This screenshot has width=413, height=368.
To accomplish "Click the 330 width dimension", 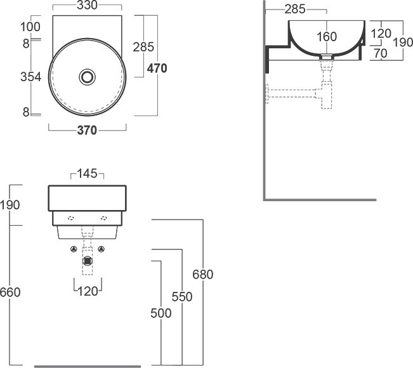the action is pos(87,5).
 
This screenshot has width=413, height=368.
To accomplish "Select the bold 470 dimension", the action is pos(157,69).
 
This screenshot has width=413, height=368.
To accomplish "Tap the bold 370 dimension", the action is pos(87,131).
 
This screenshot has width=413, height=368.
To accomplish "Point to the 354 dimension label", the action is pos(31,77).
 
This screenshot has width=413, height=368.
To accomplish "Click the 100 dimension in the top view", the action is pos(30,27).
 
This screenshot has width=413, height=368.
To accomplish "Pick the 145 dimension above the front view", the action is pos(87,174).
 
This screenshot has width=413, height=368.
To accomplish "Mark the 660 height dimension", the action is pos(10,292).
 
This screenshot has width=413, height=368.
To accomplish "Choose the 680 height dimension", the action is pos(202,275).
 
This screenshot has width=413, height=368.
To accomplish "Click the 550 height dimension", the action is pos(182,297).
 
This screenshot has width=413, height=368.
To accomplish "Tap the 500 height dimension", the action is pos(161,313).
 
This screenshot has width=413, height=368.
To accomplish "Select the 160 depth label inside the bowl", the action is pos(327,37).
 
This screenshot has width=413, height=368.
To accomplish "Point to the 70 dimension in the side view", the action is pos(381,53).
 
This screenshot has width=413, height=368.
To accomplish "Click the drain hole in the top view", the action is pos(87,77).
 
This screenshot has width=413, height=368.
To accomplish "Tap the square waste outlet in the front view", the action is pos(87,261).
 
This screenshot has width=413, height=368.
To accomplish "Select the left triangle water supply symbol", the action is pos(74,249).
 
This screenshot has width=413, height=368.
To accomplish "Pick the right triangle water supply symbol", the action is pos(101,249).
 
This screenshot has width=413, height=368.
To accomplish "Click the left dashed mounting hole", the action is pos(71,218).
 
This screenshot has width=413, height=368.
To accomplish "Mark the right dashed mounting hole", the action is pos(104,218).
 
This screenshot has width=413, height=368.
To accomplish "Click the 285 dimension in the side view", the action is pos(295,10).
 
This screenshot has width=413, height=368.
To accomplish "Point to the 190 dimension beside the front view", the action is pos(10,205).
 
